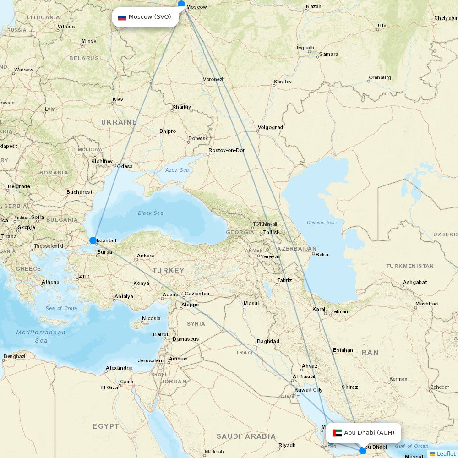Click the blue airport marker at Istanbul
(93, 240)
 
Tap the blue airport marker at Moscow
(181, 5)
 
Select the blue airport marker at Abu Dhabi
(363, 451)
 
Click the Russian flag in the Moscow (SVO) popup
(122, 17)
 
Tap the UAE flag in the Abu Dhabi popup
(337, 433)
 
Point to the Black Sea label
(150, 213)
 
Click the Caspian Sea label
(321, 223)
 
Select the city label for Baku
(322, 255)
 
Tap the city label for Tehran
(339, 311)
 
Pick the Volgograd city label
(270, 127)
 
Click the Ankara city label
(146, 256)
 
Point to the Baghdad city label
(268, 341)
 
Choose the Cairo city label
(127, 382)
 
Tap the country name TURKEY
(169, 271)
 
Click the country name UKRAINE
(119, 122)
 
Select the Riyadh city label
(287, 445)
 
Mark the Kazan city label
(314, 7)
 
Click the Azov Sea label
(177, 170)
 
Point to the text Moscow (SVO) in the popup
(150, 17)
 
